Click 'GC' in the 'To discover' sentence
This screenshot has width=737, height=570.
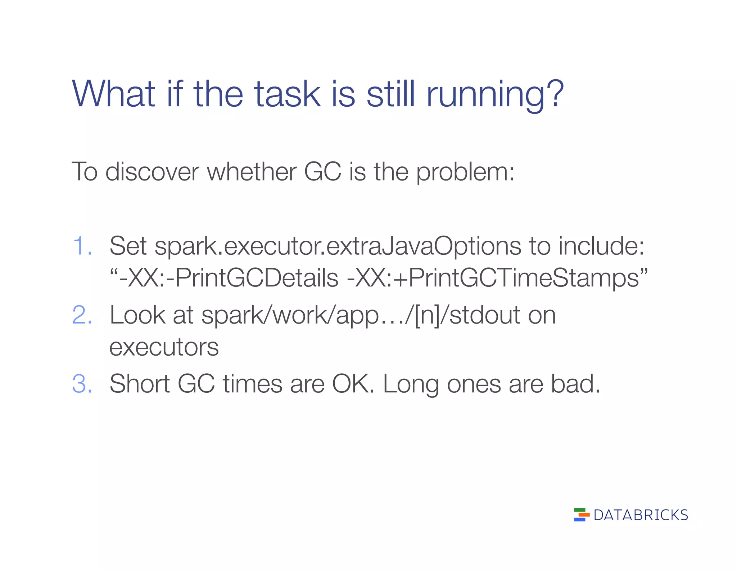(x=322, y=172)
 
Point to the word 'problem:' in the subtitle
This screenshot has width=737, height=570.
(x=465, y=172)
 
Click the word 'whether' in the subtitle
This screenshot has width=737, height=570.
(x=252, y=172)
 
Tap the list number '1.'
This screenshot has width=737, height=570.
(x=82, y=246)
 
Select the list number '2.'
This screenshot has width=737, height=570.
(x=82, y=315)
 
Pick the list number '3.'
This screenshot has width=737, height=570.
(x=82, y=384)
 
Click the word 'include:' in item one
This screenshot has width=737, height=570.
(x=601, y=246)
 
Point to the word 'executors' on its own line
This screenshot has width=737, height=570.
(x=164, y=347)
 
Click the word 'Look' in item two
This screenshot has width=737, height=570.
(x=137, y=315)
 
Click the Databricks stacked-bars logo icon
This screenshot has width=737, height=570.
(x=581, y=515)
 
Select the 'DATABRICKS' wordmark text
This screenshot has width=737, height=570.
(x=641, y=515)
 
